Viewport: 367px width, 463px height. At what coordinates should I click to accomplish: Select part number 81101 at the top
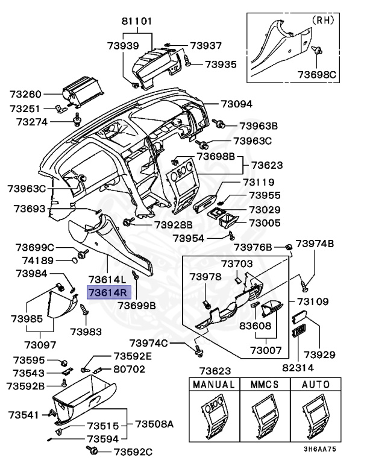coord(137,20)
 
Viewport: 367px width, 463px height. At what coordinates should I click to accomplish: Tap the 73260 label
coord(26,94)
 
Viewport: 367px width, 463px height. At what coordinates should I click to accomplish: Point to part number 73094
coord(236,104)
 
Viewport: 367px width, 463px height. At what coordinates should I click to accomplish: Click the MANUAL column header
coord(212,384)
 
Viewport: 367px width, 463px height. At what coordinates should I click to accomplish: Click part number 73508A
coord(154,424)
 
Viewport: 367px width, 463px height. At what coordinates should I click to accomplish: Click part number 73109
coord(312,301)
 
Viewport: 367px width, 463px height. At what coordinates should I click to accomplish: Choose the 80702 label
coord(128,368)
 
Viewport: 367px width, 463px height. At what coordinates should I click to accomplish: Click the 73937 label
coord(205,45)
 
